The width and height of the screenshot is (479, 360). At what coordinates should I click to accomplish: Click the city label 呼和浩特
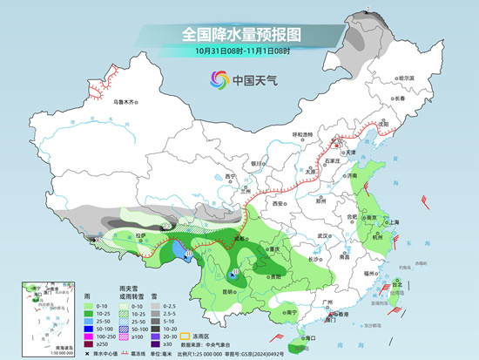click(301, 134)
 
